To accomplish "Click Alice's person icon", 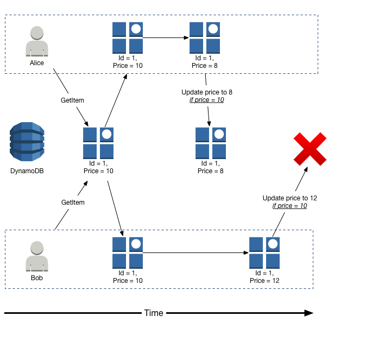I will [37, 41].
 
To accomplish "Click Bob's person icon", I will [37, 256].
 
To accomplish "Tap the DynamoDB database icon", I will [27, 142].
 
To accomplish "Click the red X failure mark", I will [310, 149].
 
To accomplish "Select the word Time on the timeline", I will [154, 313].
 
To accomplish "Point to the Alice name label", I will [37, 62].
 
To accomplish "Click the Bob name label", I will [37, 277].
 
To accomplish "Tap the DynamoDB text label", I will [27, 171].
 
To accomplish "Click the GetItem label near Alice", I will [72, 100].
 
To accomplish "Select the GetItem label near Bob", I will [73, 202].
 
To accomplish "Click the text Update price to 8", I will [207, 92].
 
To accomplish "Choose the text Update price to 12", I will [289, 198].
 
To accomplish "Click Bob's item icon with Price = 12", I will [264, 252].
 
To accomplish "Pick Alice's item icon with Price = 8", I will [205, 37].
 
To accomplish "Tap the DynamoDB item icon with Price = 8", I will [211, 143].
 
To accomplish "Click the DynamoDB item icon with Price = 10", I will [98, 143].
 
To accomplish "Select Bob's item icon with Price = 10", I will [128, 252].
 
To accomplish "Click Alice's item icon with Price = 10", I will [128, 37].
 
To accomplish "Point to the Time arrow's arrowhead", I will [309, 313].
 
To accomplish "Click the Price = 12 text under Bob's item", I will [264, 281].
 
